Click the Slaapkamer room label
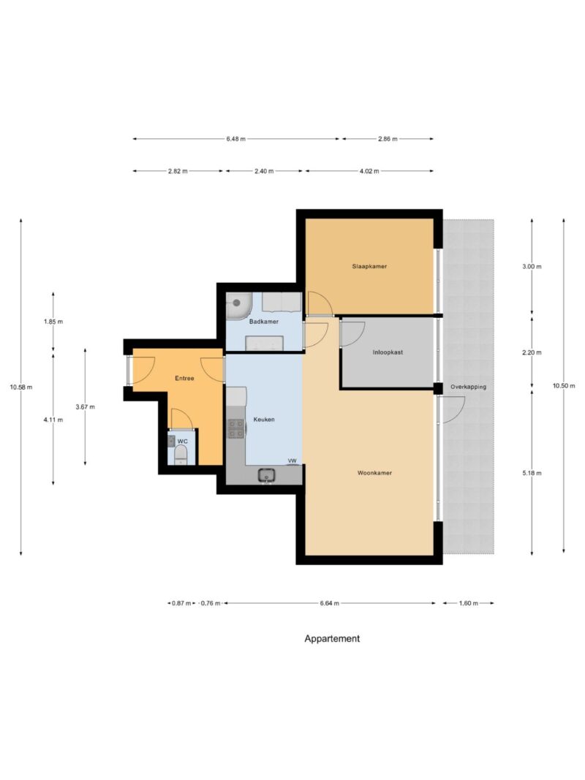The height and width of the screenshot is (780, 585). coord(369,266)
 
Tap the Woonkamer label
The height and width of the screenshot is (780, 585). coord(374,472)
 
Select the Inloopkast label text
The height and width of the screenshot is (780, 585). coord(388,352)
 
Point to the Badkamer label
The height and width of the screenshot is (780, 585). coord(264,322)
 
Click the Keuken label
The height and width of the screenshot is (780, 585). coord(264,420)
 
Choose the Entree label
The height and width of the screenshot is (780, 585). coord(184,378)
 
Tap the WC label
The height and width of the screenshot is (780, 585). coord(183,442)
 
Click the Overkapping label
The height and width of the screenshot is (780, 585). coord(468,387)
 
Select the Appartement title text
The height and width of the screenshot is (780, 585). coord(332,638)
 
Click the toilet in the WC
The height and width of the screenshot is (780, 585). coord(180,455)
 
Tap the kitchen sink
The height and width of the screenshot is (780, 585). coord(267,476)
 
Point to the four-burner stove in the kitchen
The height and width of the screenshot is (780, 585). coord(236,428)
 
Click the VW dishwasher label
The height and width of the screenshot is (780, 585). coord(292,461)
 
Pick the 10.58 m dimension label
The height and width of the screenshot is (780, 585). coord(21,387)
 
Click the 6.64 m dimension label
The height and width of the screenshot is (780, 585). coord(329,603)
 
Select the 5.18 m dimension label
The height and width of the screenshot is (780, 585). coord(532,473)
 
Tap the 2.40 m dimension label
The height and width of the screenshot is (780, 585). coord(264,171)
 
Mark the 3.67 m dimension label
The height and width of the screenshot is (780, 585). coord(85,406)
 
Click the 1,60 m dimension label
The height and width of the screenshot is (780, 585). coord(468,603)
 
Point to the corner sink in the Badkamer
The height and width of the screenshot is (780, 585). coord(237,306)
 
